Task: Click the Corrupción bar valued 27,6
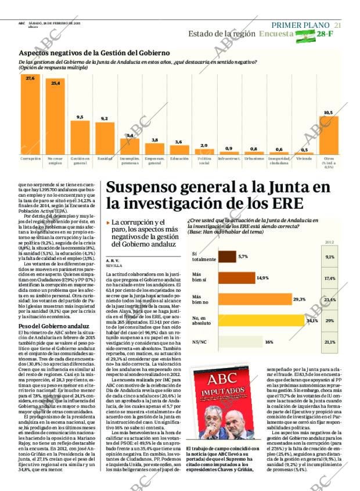click(x=30, y=117)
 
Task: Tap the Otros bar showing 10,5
click(x=329, y=135)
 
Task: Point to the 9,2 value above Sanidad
click(x=105, y=118)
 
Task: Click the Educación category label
click(x=179, y=158)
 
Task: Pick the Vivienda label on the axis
click(x=304, y=158)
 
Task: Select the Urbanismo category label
click(x=254, y=158)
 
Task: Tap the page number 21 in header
click(x=338, y=25)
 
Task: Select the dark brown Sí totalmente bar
click(x=227, y=257)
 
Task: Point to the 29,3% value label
click(x=300, y=299)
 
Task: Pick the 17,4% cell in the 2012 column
click(x=330, y=278)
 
